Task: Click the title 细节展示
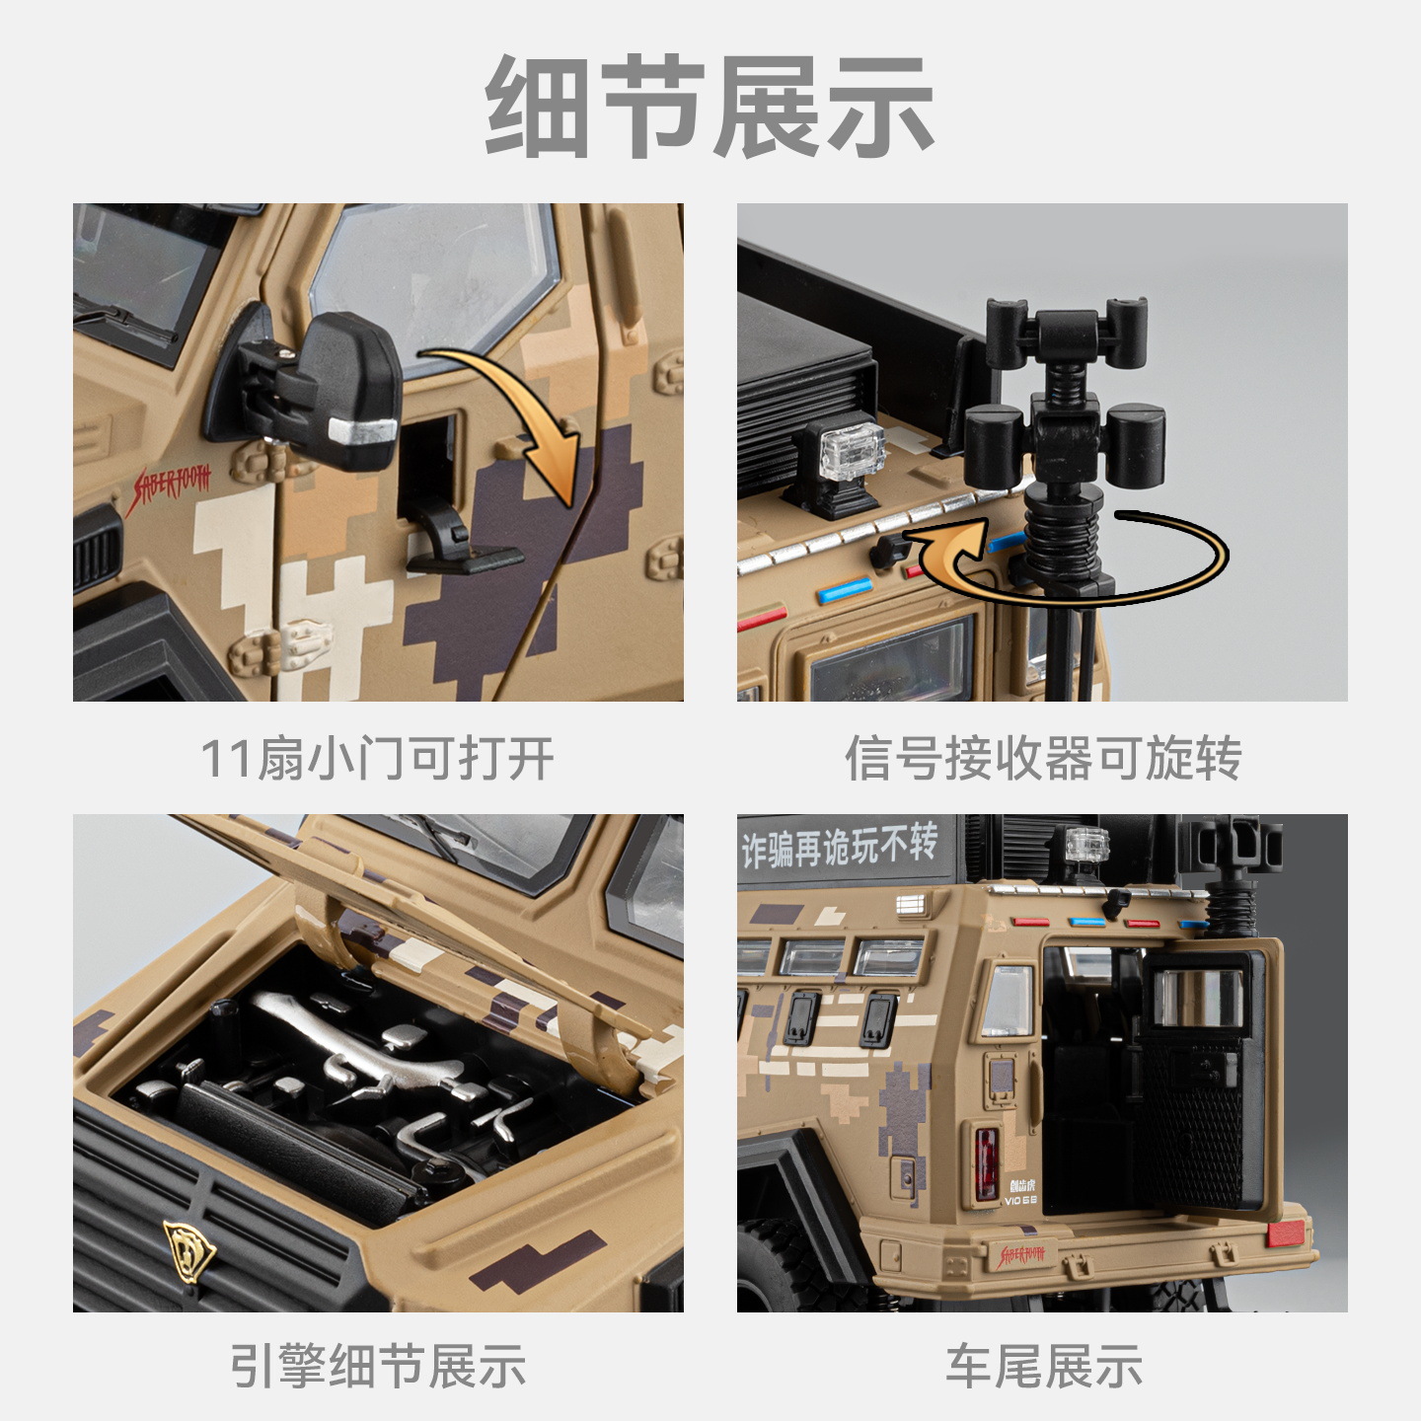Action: pyautogui.click(x=710, y=106)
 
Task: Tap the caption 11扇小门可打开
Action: pyautogui.click(x=377, y=758)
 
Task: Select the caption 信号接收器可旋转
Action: pyautogui.click(x=1043, y=758)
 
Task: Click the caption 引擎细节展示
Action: pyautogui.click(x=378, y=1366)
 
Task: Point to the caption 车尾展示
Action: pyautogui.click(x=1044, y=1366)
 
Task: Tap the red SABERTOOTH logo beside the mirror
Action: pyautogui.click(x=168, y=487)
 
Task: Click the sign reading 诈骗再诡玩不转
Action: pyautogui.click(x=839, y=845)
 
